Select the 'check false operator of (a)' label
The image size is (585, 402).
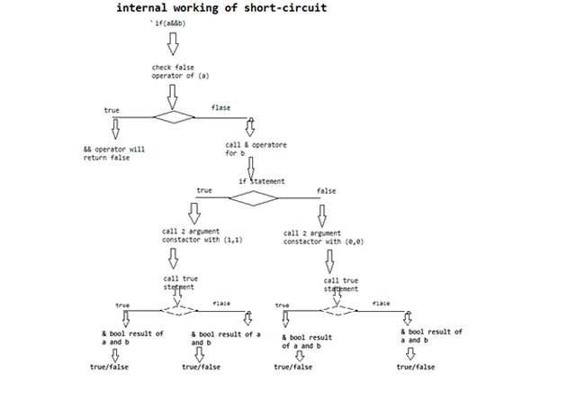[x=177, y=71]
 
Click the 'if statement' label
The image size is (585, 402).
[x=261, y=181]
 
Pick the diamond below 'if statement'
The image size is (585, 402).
[x=254, y=198]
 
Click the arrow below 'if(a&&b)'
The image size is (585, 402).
[x=174, y=42]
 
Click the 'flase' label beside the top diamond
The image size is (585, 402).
[x=220, y=108]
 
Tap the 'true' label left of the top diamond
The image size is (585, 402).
[x=112, y=109]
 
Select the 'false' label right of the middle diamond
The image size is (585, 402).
[x=327, y=191]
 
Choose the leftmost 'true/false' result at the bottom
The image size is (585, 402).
[x=112, y=367]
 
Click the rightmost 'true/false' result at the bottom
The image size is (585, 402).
[x=415, y=367]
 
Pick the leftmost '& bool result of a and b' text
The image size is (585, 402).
[x=132, y=338]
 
